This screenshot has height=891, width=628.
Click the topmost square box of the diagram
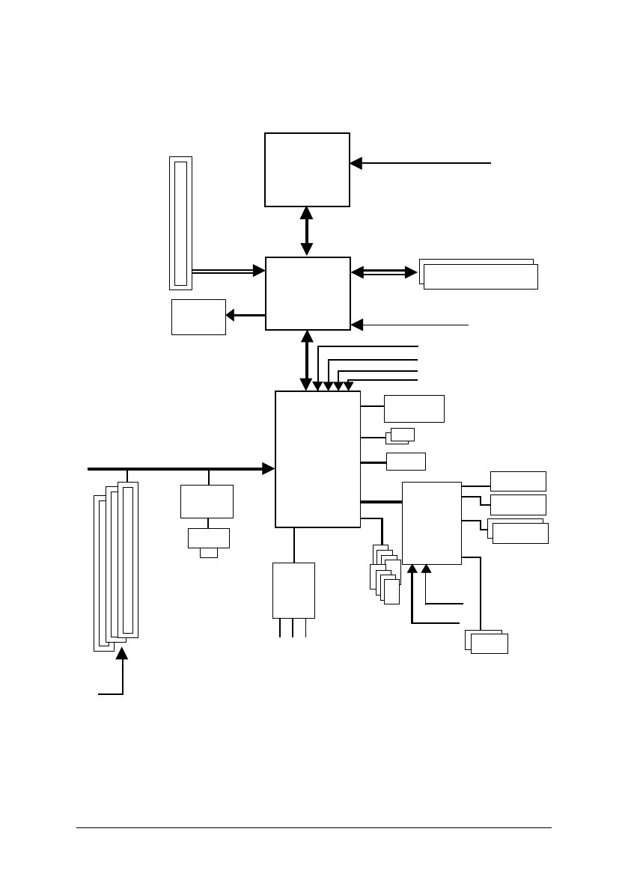click(307, 169)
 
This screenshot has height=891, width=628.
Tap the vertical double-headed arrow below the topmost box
click(306, 231)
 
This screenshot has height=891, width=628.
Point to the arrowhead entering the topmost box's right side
click(356, 162)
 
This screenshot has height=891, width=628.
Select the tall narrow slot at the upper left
click(180, 223)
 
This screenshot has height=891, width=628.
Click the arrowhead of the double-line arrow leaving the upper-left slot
click(260, 271)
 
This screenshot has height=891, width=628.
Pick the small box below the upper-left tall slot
click(198, 317)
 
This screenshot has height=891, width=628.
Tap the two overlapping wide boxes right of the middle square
click(479, 275)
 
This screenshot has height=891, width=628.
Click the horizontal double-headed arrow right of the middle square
click(384, 272)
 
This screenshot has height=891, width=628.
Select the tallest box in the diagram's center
click(317, 459)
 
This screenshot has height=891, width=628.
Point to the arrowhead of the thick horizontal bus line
click(268, 468)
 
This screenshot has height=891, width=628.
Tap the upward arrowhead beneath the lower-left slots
click(122, 654)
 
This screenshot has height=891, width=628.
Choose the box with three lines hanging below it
click(293, 590)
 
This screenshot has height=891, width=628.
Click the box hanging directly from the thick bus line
click(207, 501)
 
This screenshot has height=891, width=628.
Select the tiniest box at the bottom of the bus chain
click(209, 553)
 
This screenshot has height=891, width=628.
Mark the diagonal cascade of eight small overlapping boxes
click(385, 575)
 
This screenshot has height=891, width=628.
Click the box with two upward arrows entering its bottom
click(431, 522)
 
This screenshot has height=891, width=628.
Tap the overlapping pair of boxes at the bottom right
click(487, 642)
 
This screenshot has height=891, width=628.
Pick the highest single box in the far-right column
click(518, 480)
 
